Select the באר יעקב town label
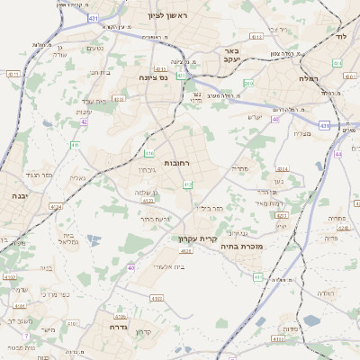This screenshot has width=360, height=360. click(231, 56)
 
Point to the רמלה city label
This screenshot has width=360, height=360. click(311, 78)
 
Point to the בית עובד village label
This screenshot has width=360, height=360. click(95, 102)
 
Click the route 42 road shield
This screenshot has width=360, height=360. click(84, 121)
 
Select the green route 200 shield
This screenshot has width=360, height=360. click(248, 84)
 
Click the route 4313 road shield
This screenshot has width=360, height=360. click(256, 37)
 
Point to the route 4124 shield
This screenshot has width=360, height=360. click(56, 207)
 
